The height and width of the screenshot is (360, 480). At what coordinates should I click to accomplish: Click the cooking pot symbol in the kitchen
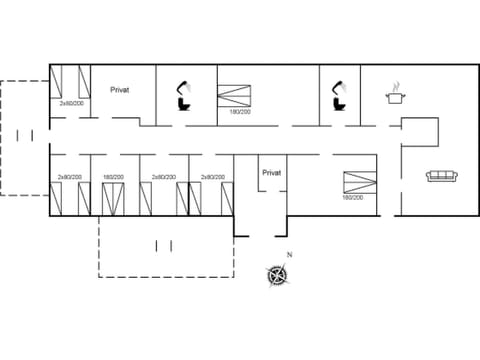[396, 95]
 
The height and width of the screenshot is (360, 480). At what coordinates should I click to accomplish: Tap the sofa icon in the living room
[442, 176]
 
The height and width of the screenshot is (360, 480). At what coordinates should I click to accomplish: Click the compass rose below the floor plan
[278, 274]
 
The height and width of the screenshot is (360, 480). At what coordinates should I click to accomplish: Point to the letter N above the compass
[289, 255]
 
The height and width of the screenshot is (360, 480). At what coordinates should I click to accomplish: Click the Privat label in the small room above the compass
[272, 172]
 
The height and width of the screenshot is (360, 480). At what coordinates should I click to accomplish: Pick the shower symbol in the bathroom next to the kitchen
[340, 87]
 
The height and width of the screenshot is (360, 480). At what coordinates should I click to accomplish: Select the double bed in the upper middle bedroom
[238, 95]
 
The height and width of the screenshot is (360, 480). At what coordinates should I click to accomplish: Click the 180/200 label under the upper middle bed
[240, 112]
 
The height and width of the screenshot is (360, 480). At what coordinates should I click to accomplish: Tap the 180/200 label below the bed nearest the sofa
[352, 198]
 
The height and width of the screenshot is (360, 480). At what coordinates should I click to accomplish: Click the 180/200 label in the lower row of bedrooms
[112, 177]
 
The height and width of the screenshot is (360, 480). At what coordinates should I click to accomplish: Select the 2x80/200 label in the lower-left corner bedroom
[69, 177]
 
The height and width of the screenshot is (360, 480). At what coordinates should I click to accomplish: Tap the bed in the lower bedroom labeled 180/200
[112, 198]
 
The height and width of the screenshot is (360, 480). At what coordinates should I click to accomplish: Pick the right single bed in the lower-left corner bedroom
[83, 198]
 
